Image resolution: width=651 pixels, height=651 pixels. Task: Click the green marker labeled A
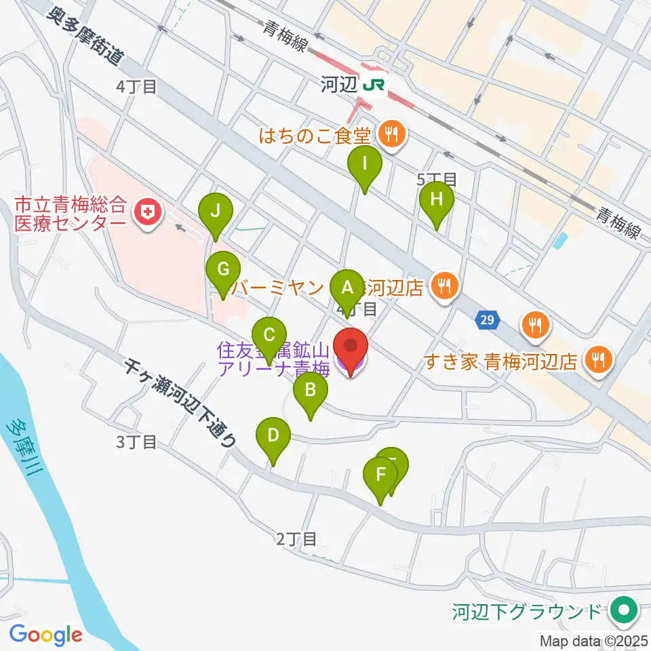[347, 288]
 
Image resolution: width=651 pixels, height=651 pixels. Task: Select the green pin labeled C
[269, 335]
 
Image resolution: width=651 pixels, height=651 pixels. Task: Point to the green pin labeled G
[222, 269]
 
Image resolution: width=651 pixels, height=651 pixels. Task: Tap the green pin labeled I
[365, 164]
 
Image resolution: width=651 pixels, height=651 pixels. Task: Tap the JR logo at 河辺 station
[374, 85]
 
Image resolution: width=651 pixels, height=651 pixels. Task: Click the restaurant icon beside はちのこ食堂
[391, 132]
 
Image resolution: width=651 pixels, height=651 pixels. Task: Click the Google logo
[45, 635]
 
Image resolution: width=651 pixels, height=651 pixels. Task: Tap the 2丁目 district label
[296, 539]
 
